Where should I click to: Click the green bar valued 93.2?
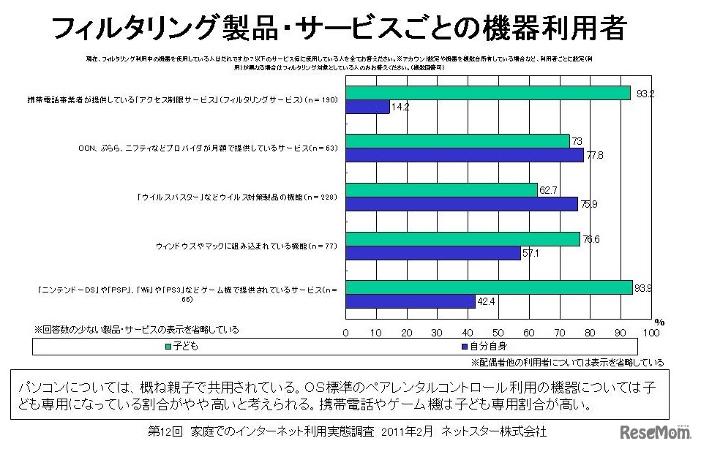[488, 93]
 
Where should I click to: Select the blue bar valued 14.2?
[368, 107]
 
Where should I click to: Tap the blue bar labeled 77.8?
[465, 156]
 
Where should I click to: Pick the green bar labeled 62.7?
[441, 190]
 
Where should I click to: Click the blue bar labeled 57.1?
[433, 253]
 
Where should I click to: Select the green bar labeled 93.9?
[489, 287]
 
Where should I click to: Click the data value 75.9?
[588, 205]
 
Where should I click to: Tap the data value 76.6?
[591, 238]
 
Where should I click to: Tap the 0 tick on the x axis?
[346, 333]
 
